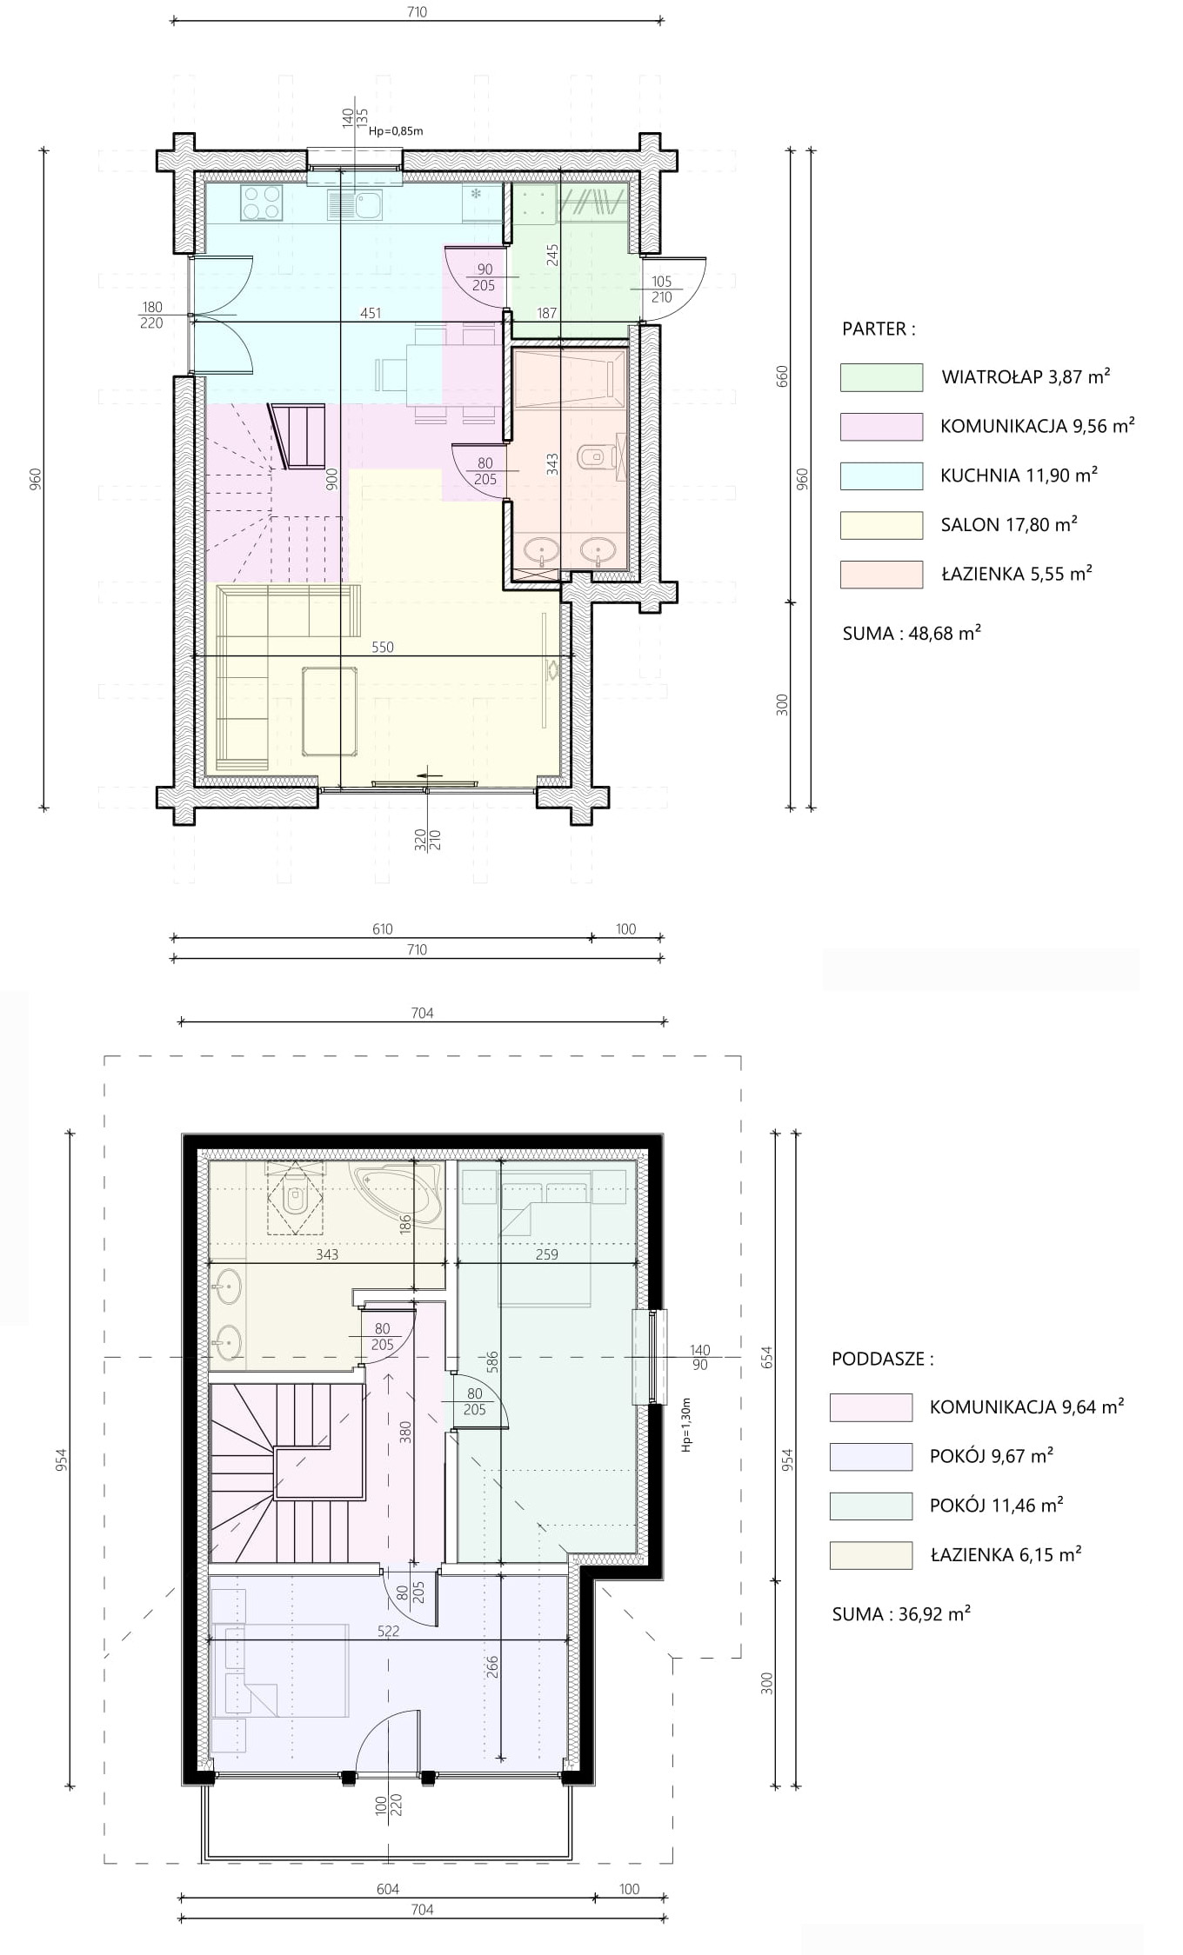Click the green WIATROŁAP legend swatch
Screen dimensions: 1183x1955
pos(881,377)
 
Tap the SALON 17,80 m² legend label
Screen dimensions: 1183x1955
pos(1009,524)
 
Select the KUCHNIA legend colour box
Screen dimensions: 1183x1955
pos(881,475)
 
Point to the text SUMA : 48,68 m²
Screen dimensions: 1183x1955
pos(912,633)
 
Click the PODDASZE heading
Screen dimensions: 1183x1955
pos(883,1359)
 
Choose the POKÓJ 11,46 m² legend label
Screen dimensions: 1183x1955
pos(997,1505)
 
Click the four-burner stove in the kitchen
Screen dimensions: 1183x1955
pos(262,203)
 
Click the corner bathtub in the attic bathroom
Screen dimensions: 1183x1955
pos(397,1194)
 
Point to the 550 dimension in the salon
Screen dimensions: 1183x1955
pos(383,647)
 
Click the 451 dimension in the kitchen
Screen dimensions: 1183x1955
pos(371,313)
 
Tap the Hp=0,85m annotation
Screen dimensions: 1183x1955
pos(396,131)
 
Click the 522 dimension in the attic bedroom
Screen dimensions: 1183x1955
pos(388,1631)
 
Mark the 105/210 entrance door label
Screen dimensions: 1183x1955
pos(661,289)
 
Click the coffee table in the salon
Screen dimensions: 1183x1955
pos(330,711)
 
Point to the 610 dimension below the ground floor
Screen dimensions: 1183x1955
pos(383,929)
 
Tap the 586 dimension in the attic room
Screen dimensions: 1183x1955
pos(492,1362)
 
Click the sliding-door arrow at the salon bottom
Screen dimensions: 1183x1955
pos(430,775)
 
